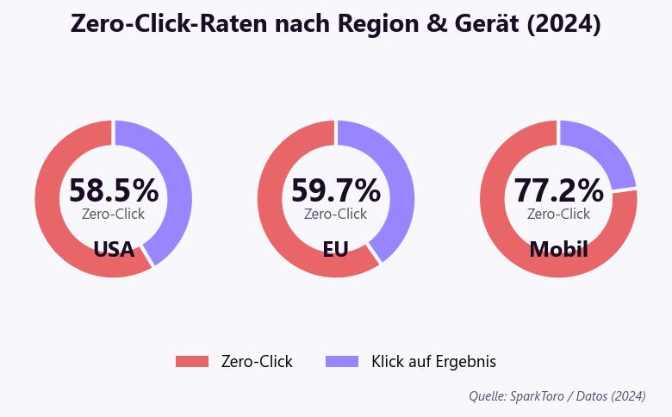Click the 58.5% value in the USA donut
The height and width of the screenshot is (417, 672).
click(114, 190)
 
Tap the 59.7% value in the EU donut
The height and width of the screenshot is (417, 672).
click(336, 190)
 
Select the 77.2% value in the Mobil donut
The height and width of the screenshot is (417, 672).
click(558, 190)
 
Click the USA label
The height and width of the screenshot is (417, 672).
click(114, 250)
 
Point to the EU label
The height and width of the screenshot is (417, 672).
click(336, 250)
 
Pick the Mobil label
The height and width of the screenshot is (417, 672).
click(558, 250)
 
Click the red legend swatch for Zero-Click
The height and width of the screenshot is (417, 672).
click(192, 362)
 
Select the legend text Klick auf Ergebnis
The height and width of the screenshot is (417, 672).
click(433, 362)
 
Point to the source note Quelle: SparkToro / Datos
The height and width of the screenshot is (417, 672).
click(557, 396)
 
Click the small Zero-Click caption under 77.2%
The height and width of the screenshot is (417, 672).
click(558, 214)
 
